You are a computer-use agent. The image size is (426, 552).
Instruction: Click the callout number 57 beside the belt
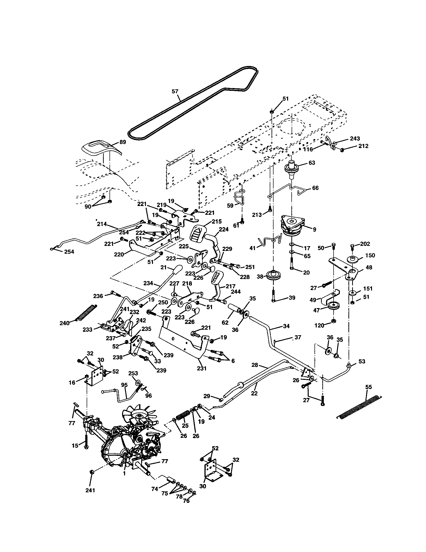[x=175, y=92]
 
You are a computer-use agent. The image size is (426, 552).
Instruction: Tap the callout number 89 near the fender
[x=122, y=142]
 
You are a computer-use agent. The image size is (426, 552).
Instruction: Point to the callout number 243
[x=355, y=139]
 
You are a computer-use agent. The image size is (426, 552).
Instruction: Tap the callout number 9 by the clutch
[x=314, y=230]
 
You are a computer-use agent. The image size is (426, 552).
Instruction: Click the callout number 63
[x=312, y=163]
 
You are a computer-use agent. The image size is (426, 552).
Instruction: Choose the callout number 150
[x=369, y=255]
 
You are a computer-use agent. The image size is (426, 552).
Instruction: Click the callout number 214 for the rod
[x=102, y=224]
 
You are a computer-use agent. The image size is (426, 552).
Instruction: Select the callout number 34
[x=286, y=326]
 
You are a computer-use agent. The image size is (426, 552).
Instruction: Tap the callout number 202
[x=365, y=244]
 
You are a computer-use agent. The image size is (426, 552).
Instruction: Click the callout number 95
[x=124, y=385]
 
